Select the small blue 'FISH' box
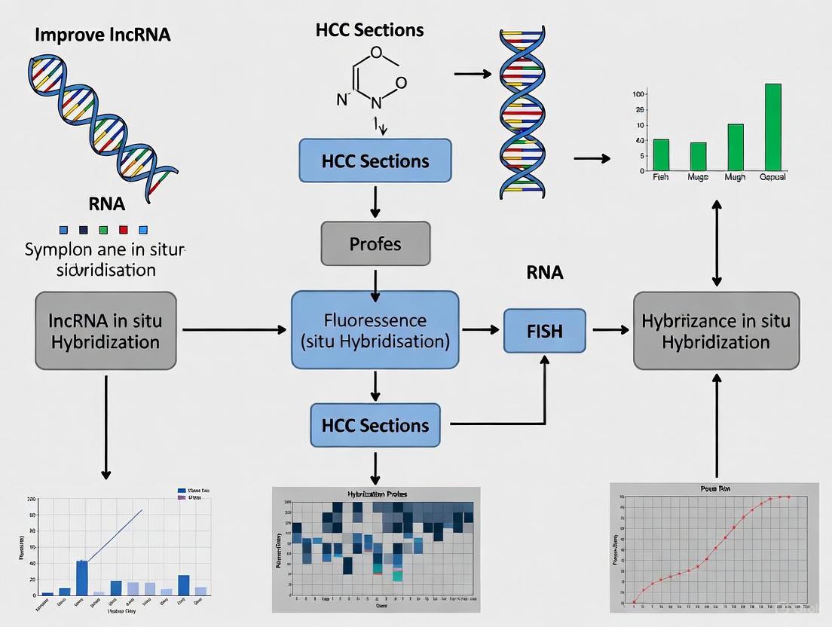(544, 331)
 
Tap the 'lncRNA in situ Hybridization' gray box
(105, 331)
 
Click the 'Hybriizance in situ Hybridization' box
(716, 331)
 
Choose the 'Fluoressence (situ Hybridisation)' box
(375, 330)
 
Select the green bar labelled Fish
(661, 154)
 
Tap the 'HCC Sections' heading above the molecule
(369, 31)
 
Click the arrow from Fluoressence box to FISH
(480, 329)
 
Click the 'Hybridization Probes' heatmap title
(376, 494)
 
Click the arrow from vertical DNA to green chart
(592, 158)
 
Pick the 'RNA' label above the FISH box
(544, 273)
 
